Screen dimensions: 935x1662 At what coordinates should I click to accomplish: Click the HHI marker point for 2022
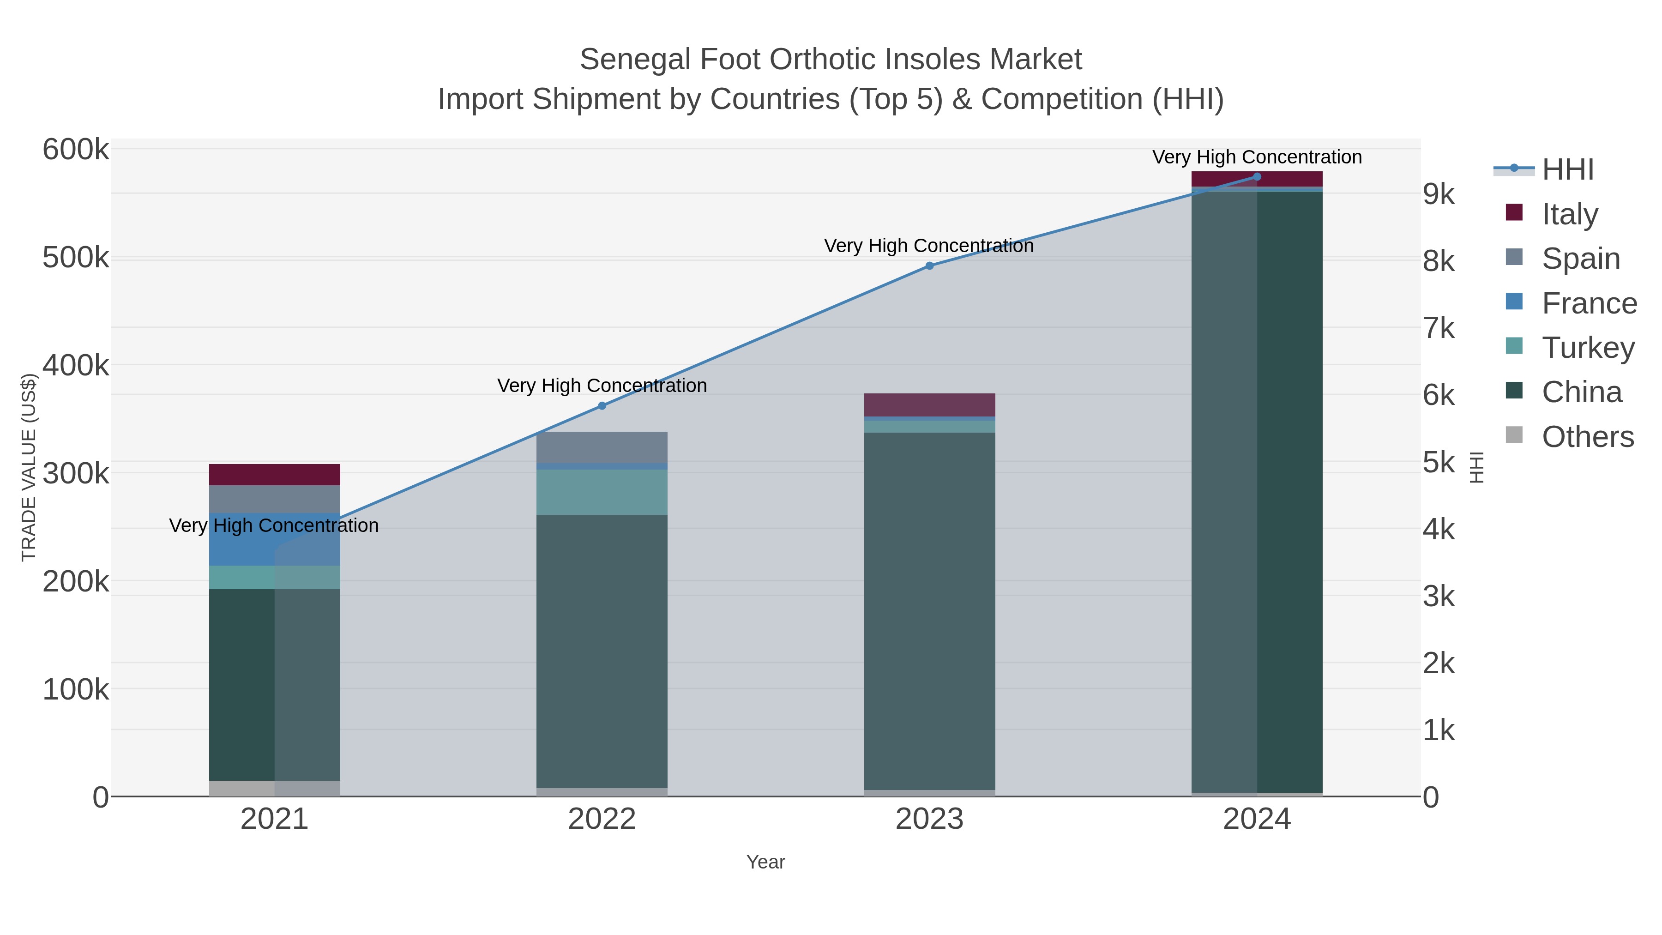click(602, 406)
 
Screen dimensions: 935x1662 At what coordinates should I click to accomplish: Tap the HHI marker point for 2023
click(929, 266)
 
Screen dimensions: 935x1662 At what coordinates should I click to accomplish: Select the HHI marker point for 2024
click(1256, 177)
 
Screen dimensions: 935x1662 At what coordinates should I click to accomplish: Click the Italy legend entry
click(1569, 214)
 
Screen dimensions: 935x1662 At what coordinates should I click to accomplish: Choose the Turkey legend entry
click(1587, 348)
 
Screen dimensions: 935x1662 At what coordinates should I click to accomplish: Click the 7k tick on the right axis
click(1438, 328)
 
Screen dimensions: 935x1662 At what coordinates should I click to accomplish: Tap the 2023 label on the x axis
click(929, 820)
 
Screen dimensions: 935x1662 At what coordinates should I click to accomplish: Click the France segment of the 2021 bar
click(274, 539)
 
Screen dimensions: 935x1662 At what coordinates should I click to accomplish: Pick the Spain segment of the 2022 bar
click(602, 447)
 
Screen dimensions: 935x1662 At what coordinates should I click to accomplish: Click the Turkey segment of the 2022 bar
click(602, 492)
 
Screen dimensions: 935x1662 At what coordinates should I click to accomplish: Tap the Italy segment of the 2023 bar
click(929, 404)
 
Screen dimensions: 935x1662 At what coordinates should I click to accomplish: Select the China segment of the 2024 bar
click(1256, 490)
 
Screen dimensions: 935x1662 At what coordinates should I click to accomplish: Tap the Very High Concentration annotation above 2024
click(1256, 157)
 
